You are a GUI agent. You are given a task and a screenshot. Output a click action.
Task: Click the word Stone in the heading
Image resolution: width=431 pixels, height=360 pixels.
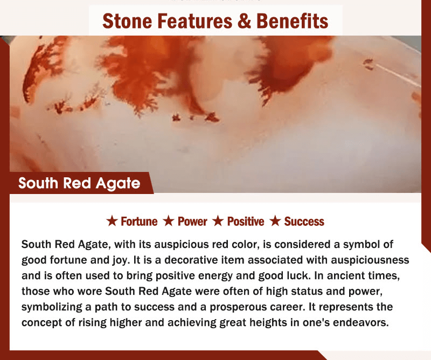[x=127, y=21]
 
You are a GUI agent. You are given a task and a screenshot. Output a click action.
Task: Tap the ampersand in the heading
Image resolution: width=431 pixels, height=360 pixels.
[x=245, y=21]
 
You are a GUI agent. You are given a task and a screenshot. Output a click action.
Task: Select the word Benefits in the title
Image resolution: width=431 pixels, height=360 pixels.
[x=292, y=21]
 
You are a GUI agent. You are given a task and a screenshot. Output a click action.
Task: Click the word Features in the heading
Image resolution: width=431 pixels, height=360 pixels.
[x=194, y=21]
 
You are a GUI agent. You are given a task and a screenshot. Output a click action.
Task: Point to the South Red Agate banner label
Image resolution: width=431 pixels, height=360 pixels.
[x=79, y=183]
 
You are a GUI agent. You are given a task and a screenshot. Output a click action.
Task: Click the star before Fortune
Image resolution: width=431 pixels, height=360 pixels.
[x=112, y=221]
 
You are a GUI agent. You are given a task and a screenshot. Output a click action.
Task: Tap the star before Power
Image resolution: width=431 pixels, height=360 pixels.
[x=169, y=221]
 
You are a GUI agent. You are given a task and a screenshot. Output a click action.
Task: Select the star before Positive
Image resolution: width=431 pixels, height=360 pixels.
[x=218, y=221]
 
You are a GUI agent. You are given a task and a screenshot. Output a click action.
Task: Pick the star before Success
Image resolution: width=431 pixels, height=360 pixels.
[x=275, y=221]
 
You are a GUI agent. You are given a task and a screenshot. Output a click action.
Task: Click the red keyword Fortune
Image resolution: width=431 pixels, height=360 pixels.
[x=139, y=221]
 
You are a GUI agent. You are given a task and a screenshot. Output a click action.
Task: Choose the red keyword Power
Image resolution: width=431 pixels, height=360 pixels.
[x=192, y=221]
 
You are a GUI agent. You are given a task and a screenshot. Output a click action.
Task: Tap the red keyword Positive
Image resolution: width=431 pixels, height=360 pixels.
[x=246, y=221]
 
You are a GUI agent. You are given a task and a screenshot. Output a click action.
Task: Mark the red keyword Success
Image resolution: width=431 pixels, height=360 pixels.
[x=304, y=221]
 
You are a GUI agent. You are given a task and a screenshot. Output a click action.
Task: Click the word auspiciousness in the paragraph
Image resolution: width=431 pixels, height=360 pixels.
[x=370, y=260]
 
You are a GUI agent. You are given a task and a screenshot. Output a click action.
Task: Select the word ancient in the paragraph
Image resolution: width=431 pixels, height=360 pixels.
[x=339, y=275]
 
